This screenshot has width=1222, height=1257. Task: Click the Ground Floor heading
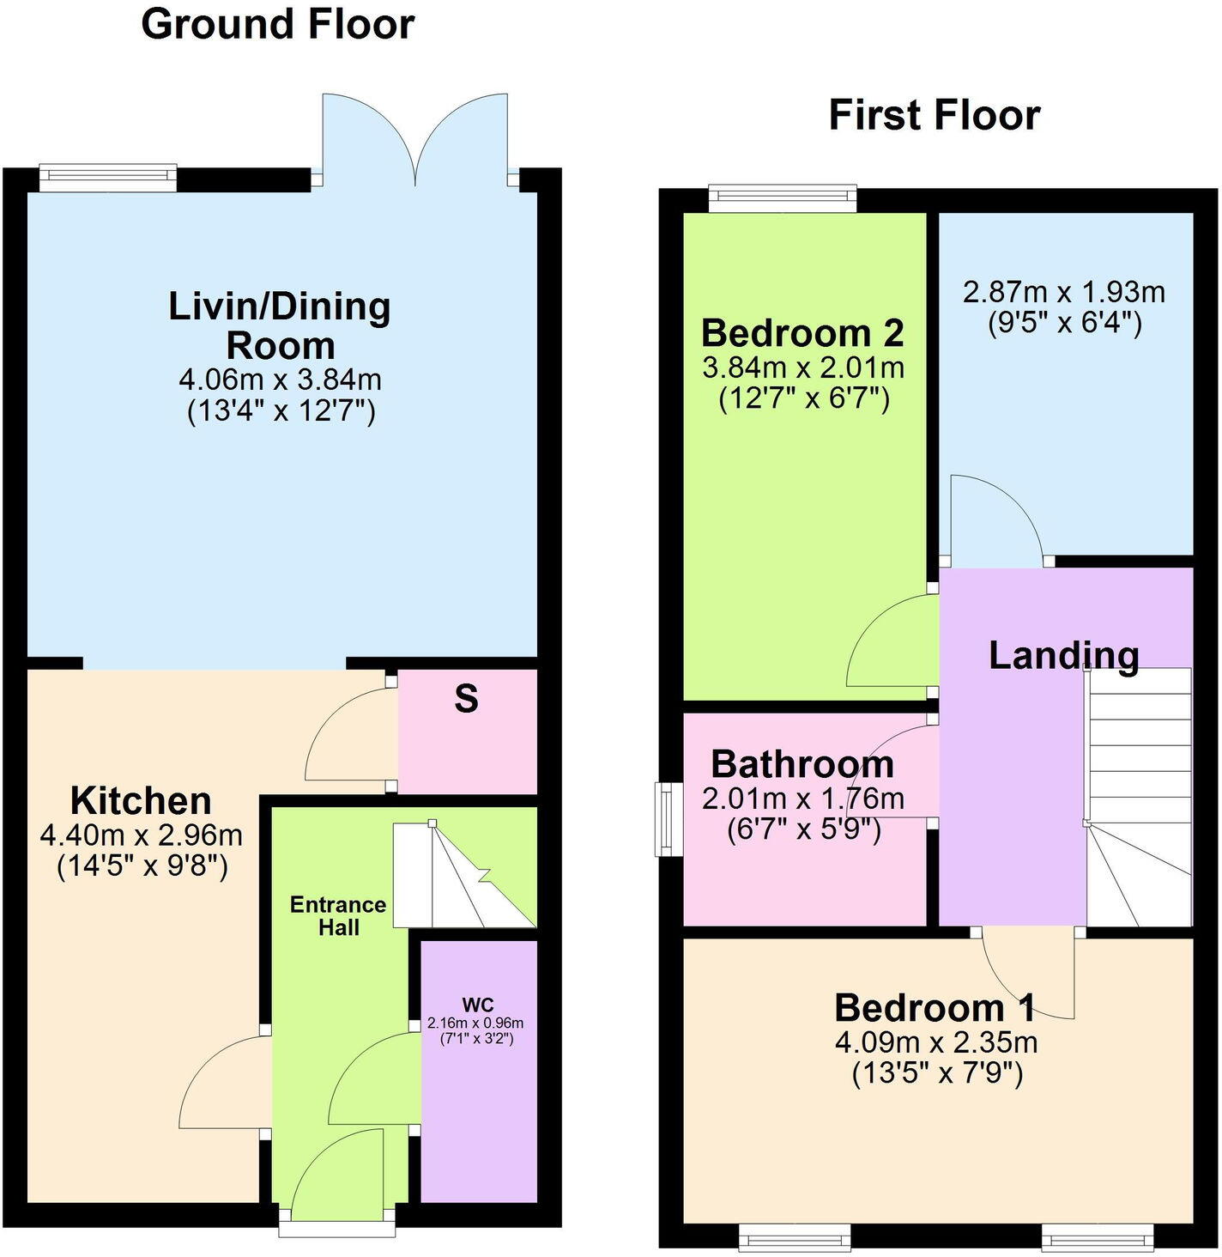click(277, 24)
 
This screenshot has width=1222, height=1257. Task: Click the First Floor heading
click(934, 115)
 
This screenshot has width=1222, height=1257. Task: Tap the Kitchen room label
click(141, 800)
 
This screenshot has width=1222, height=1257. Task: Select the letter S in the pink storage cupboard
click(466, 700)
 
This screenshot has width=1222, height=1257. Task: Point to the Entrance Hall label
click(338, 915)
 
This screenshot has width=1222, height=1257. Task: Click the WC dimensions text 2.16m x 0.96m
click(475, 1023)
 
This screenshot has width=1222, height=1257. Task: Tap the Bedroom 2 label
click(802, 332)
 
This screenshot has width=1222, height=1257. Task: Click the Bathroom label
click(802, 763)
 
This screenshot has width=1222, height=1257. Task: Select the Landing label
click(1063, 655)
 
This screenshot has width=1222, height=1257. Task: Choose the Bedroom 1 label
click(935, 1007)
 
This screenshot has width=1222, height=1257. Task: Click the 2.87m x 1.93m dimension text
click(1063, 293)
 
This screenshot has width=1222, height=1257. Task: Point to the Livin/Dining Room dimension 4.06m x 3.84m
click(280, 379)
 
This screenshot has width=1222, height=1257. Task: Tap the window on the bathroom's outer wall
click(665, 818)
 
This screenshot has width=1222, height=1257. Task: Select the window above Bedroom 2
click(783, 198)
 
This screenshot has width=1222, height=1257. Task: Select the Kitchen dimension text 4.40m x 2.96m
click(142, 835)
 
